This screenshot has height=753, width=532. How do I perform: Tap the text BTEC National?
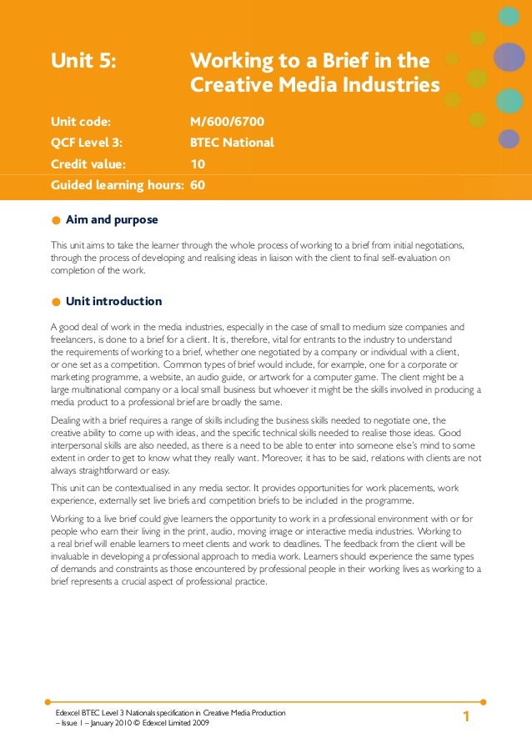232,142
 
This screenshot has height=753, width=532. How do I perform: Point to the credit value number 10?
198,163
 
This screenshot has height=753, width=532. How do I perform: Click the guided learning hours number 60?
198,184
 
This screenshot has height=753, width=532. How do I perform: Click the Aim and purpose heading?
112,220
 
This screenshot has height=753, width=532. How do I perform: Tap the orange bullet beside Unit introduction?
55,302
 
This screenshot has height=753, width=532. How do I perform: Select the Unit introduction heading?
113,301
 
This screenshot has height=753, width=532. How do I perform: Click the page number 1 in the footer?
466,717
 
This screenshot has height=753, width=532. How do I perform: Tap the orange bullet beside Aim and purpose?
55,221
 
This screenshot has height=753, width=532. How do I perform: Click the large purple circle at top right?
509,57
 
